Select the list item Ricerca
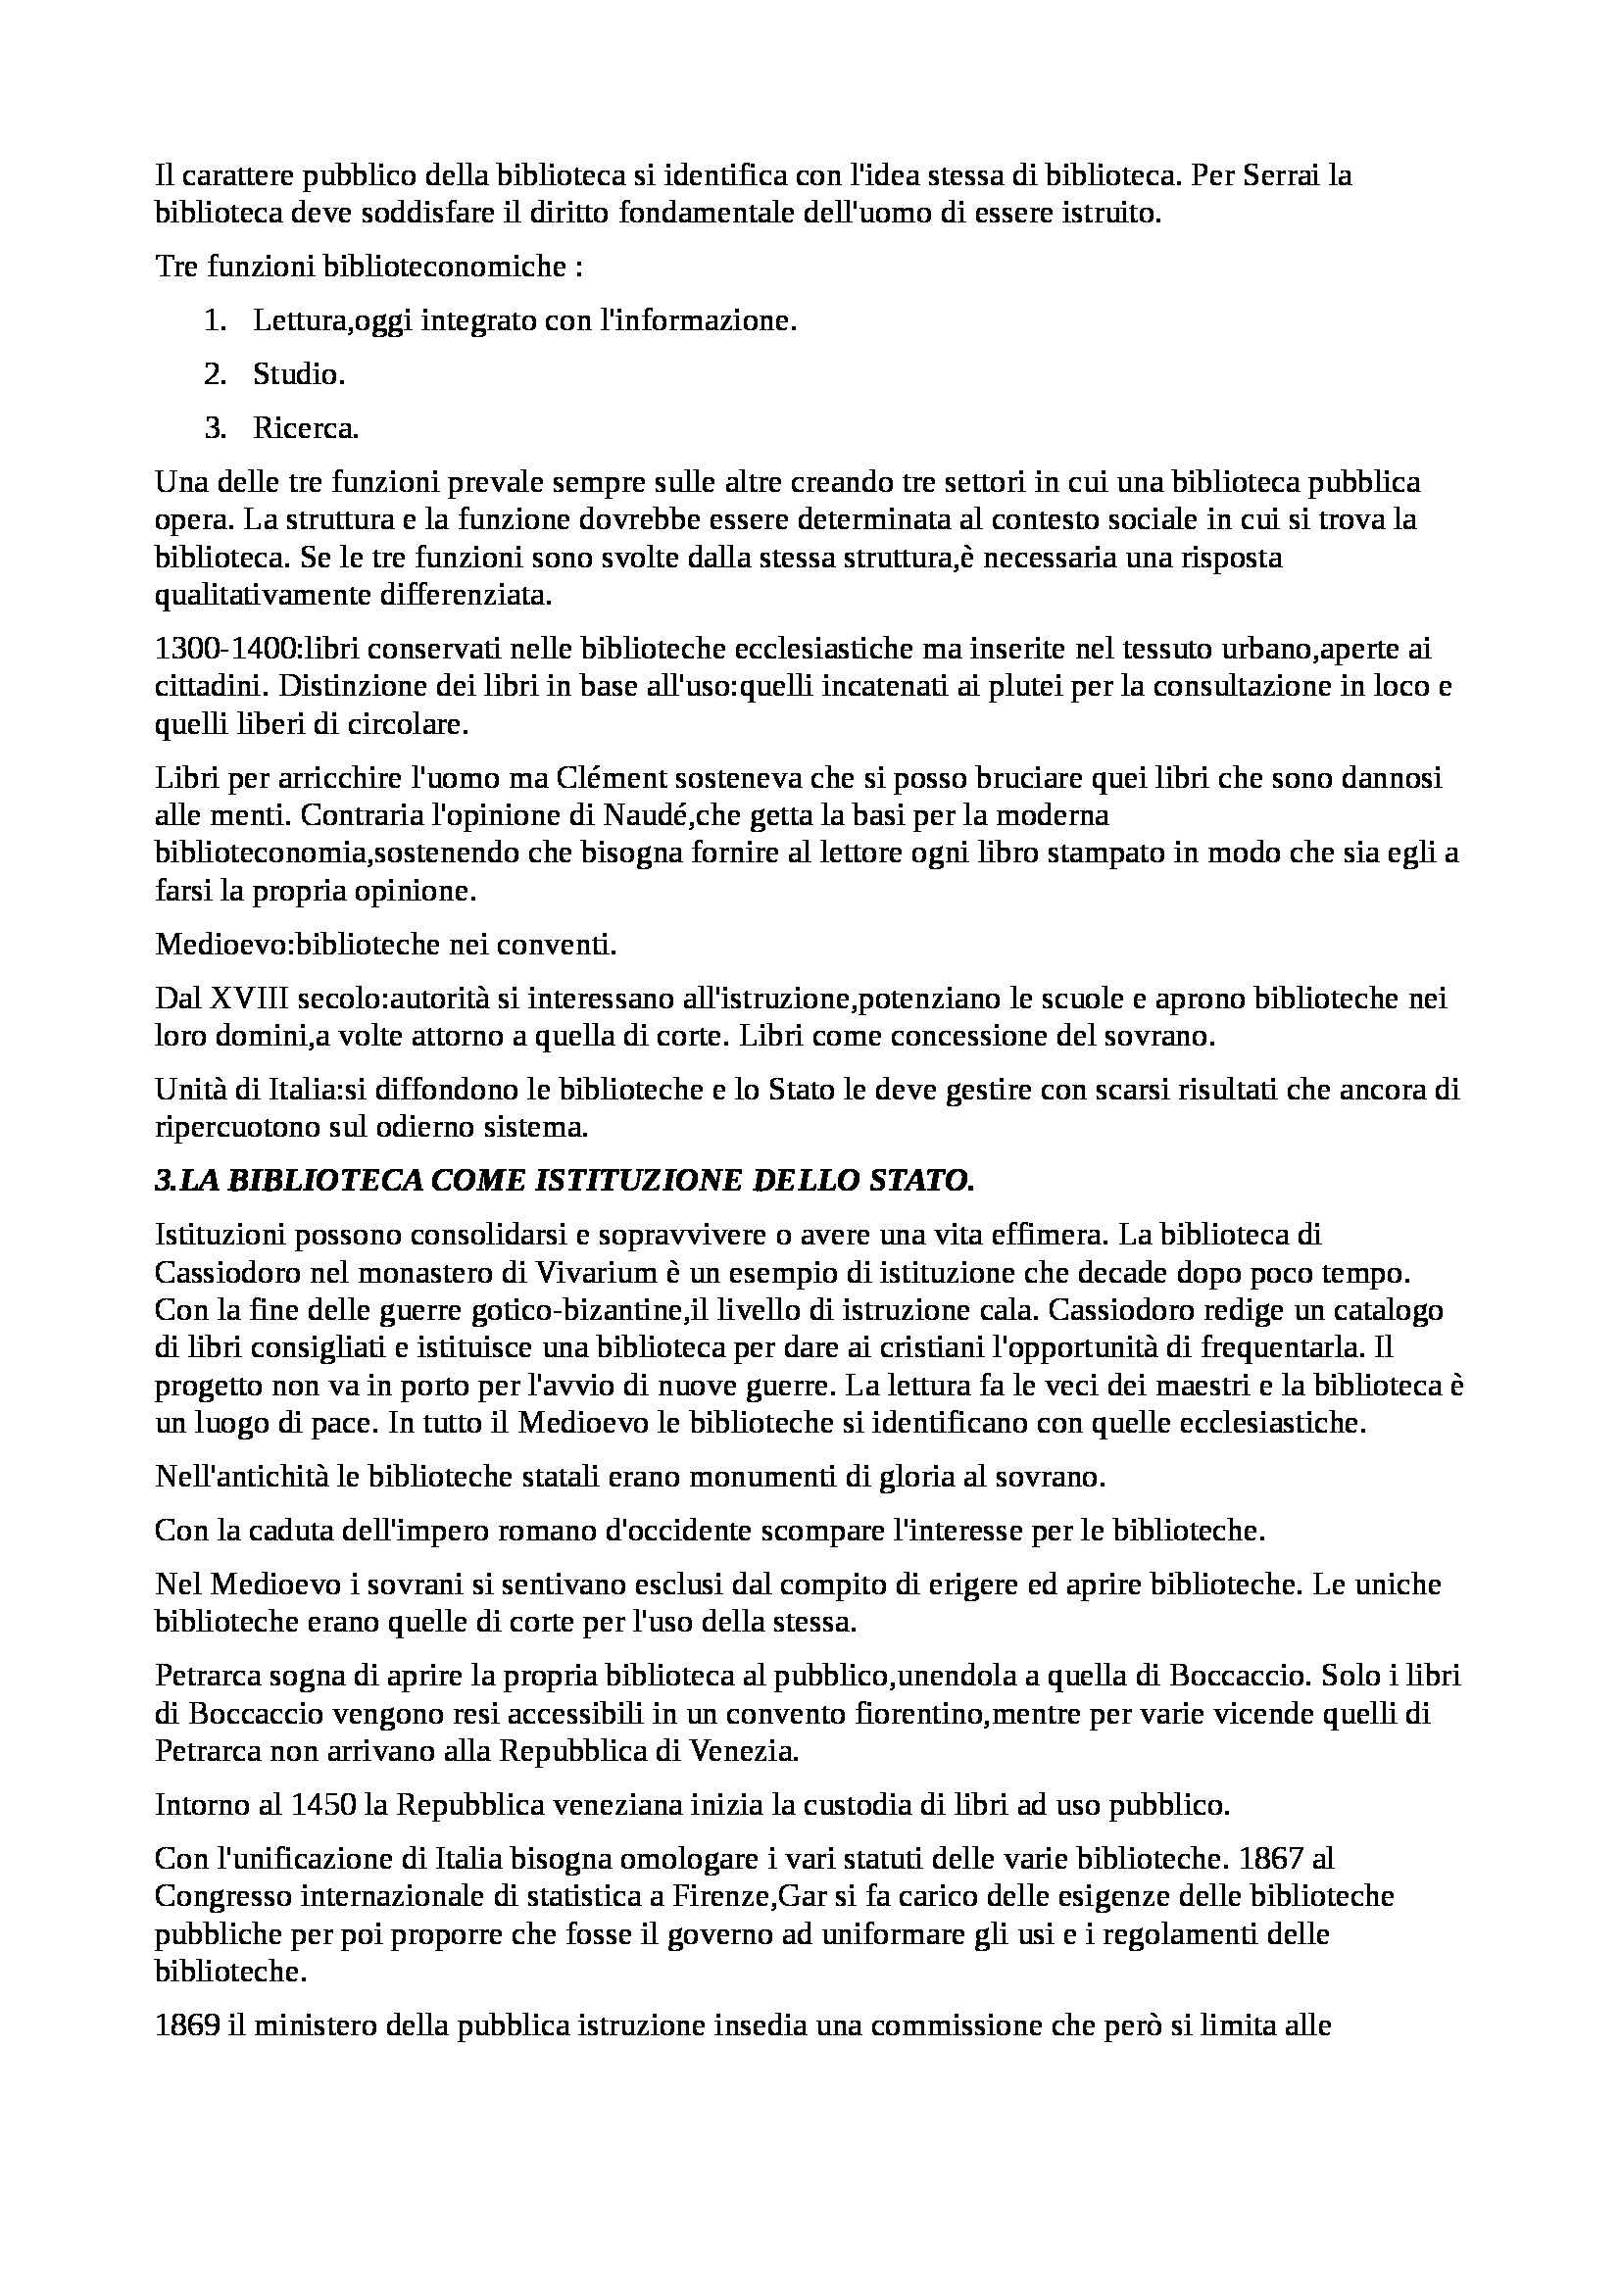306,428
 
